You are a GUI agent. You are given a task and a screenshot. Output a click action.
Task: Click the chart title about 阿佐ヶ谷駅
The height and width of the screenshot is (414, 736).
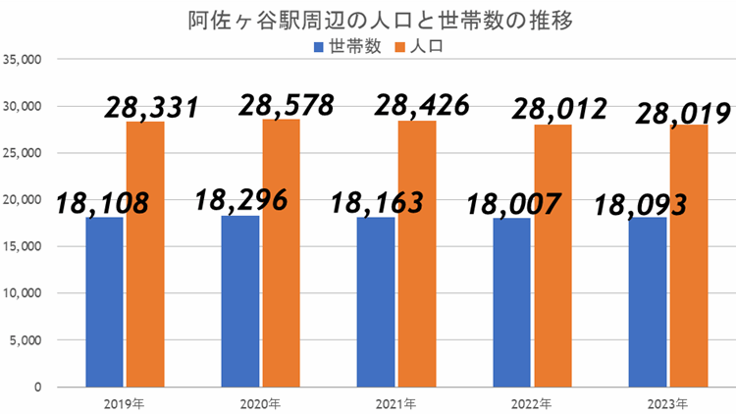[x=367, y=20]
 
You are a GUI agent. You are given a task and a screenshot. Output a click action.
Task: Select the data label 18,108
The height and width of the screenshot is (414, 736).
[x=102, y=203]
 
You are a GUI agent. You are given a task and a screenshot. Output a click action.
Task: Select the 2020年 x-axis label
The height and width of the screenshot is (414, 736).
[x=260, y=403]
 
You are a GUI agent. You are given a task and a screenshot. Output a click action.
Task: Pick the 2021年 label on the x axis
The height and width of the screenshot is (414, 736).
[x=395, y=403]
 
